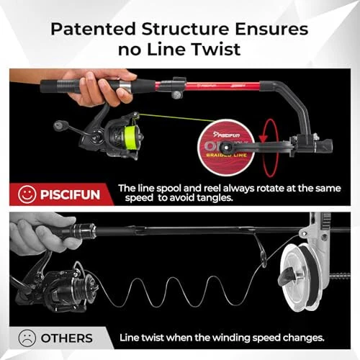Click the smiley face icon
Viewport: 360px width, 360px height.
click(26, 193)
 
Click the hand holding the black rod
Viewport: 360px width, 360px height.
click(36, 238)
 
